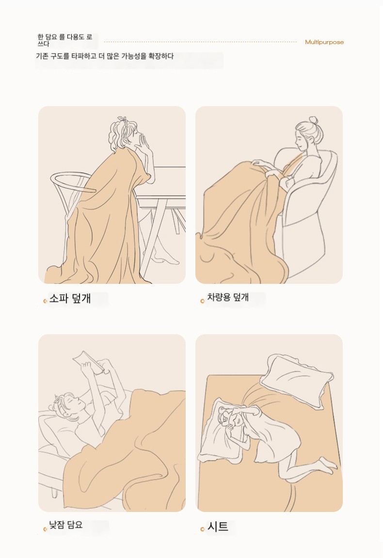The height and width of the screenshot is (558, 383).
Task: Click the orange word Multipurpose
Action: [324, 42]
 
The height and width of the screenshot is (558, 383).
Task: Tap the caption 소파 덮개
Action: [70, 298]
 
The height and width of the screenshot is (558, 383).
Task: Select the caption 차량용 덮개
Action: [228, 297]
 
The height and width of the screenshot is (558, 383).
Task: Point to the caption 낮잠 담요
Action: [65, 525]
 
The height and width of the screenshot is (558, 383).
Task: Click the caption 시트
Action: [217, 527]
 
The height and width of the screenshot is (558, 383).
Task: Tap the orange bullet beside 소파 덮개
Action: [45, 301]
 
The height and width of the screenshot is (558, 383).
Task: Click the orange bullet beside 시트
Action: [202, 529]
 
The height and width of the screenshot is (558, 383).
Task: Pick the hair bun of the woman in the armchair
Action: [314, 120]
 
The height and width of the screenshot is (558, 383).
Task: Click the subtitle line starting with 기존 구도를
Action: [105, 56]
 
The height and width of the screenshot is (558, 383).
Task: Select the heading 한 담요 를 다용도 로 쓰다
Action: [65, 40]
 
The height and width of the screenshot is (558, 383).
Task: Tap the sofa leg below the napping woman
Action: [54, 492]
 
